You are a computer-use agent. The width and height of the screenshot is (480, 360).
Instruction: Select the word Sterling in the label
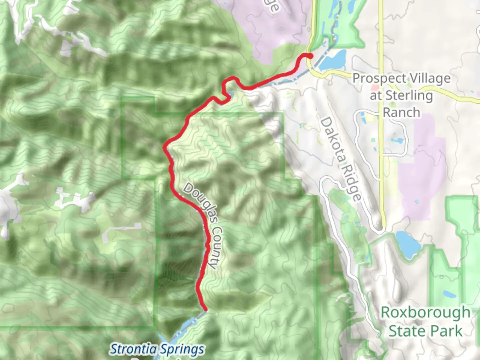tap(409, 96)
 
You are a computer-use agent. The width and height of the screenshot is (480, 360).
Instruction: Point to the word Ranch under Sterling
tap(401, 113)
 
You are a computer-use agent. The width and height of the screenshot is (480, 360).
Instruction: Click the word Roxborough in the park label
tap(425, 313)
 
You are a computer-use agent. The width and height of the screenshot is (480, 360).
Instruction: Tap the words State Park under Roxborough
tap(425, 331)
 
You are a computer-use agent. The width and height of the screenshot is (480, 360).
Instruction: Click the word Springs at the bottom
tap(181, 349)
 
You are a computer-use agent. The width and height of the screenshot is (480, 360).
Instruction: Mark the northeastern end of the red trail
tap(310, 56)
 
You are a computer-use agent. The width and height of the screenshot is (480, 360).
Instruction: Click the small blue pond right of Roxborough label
tap(449, 294)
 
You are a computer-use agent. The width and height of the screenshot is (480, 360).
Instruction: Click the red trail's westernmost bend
tap(164, 147)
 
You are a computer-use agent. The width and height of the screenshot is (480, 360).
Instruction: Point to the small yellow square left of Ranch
tap(370, 117)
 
